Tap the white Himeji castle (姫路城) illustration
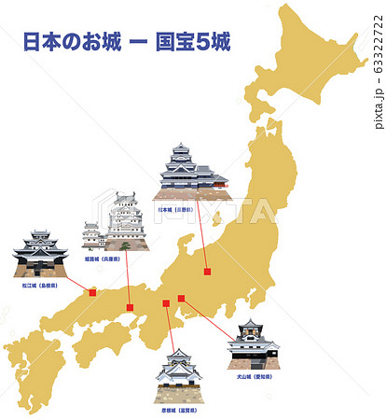click(x=118, y=224)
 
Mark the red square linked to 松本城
click(x=208, y=271)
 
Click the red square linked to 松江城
click(x=92, y=292)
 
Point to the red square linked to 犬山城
click(x=182, y=299)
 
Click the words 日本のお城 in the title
click(x=71, y=43)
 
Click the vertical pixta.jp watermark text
click(x=378, y=66)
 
